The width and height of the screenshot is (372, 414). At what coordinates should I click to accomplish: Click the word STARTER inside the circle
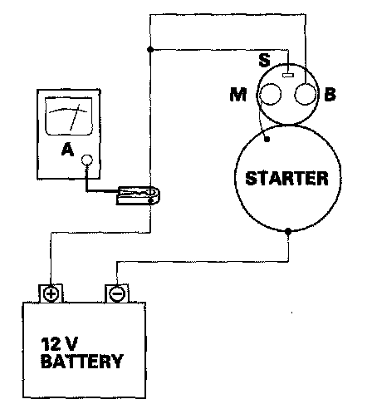click(x=286, y=178)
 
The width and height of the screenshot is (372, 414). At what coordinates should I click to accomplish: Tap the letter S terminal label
click(x=264, y=60)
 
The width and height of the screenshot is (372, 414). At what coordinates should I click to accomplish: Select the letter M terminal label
click(x=238, y=94)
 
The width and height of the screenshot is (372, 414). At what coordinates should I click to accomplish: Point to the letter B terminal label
click(x=330, y=94)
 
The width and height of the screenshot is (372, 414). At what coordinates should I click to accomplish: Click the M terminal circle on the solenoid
click(x=269, y=94)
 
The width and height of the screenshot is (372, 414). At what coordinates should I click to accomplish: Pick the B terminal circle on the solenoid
click(x=306, y=94)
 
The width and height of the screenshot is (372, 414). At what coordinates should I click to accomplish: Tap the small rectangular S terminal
click(x=288, y=75)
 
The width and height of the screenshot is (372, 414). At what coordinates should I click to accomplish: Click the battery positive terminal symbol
click(x=51, y=293)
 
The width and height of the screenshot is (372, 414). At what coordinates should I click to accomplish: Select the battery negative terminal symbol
click(x=117, y=293)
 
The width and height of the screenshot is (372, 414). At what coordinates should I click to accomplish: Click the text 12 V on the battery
click(x=59, y=344)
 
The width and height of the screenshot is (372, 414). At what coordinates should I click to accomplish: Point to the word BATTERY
click(x=81, y=361)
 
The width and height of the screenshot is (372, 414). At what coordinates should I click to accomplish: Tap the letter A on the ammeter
click(x=67, y=150)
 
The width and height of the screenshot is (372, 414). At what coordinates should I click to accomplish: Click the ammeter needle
click(x=75, y=117)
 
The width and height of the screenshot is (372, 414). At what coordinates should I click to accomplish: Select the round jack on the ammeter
click(x=87, y=160)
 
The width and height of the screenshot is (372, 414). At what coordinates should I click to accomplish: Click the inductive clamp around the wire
click(x=139, y=195)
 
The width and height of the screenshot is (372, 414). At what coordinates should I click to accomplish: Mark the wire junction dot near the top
click(x=150, y=50)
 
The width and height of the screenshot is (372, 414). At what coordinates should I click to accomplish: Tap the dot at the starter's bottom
click(x=288, y=231)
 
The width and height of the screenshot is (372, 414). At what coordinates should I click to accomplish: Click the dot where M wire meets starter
click(x=267, y=139)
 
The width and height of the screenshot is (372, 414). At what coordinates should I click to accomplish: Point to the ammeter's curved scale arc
click(x=68, y=111)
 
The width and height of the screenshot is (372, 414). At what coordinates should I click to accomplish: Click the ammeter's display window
click(x=68, y=116)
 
